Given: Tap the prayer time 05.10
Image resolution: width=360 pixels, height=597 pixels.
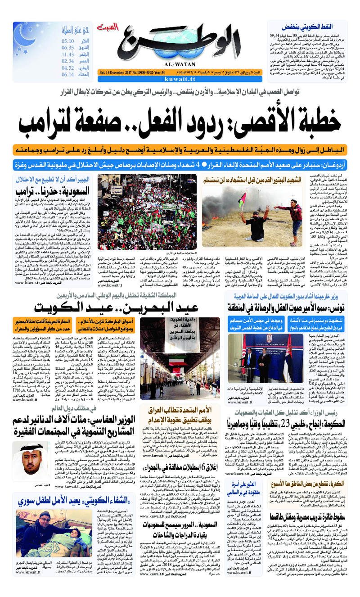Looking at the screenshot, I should coord(68,41).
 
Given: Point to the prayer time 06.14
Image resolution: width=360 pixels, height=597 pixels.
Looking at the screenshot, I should coord(68,74).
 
